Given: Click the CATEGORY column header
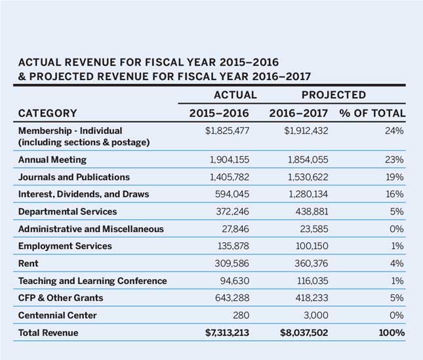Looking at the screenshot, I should point(47,113).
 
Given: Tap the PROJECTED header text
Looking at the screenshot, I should point(334,95).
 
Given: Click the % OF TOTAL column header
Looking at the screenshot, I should point(372,113).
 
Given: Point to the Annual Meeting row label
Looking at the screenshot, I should point(52,159).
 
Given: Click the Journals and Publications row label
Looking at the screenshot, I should point(74,177).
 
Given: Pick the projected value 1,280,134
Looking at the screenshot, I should point(306,194).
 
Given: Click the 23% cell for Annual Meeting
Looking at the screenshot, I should point(395,159).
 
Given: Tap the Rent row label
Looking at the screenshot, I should point(28,264).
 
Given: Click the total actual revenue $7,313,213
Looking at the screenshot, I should point(228,333).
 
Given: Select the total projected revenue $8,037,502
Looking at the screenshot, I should point(298,333).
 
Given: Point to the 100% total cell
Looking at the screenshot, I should point(392,333).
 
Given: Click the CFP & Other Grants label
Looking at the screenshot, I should point(60,298).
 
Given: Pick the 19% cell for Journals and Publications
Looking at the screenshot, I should point(395,177).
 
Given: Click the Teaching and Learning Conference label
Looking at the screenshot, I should point(92,281).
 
